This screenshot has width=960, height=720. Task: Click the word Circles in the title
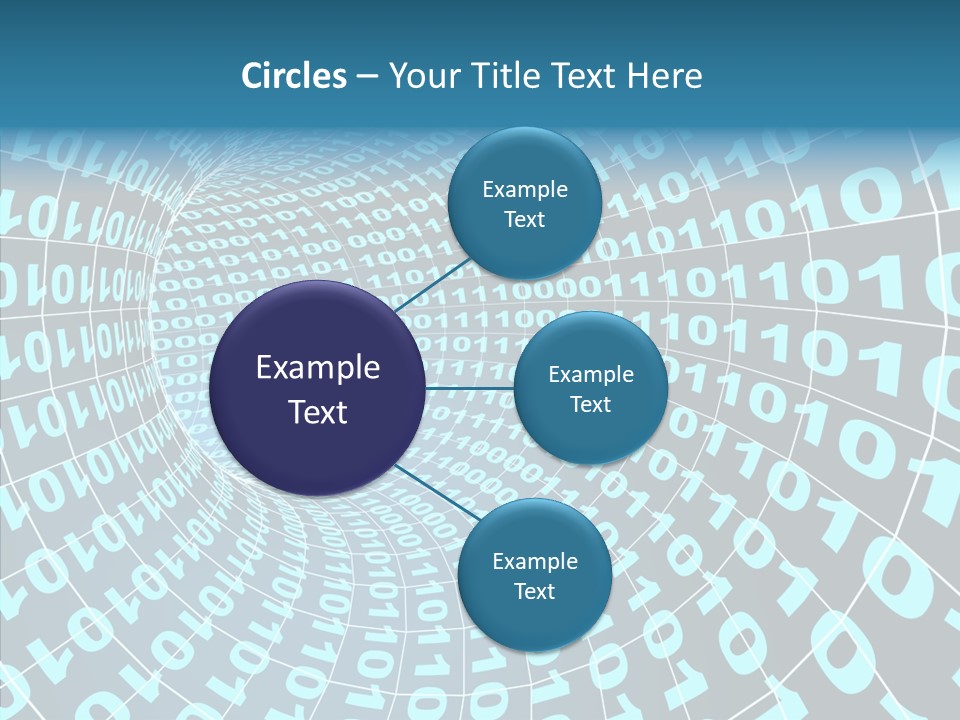pyautogui.click(x=293, y=76)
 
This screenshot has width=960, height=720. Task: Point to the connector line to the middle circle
pyautogui.click(x=470, y=388)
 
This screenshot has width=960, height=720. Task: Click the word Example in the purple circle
pyautogui.click(x=318, y=368)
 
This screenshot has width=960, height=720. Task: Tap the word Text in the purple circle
pyautogui.click(x=318, y=412)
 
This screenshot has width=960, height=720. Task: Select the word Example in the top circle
pyautogui.click(x=525, y=190)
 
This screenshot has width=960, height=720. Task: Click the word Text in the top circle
pyautogui.click(x=524, y=220)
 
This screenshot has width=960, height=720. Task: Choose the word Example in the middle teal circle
pyautogui.click(x=591, y=375)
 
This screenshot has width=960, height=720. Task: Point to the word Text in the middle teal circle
pyautogui.click(x=590, y=405)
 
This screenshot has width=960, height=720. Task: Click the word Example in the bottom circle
pyautogui.click(x=535, y=562)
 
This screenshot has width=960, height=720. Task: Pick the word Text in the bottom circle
pyautogui.click(x=534, y=592)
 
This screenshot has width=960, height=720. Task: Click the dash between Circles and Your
pyautogui.click(x=367, y=77)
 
